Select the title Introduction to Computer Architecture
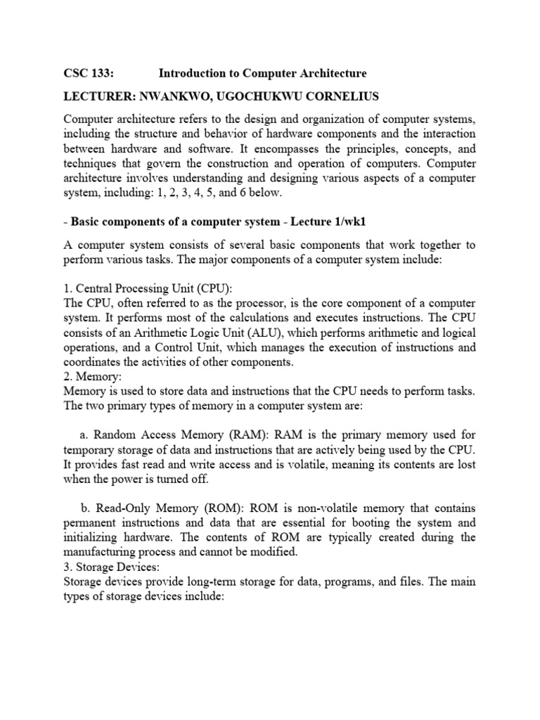tap(262, 73)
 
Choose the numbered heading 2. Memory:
tap(93, 376)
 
